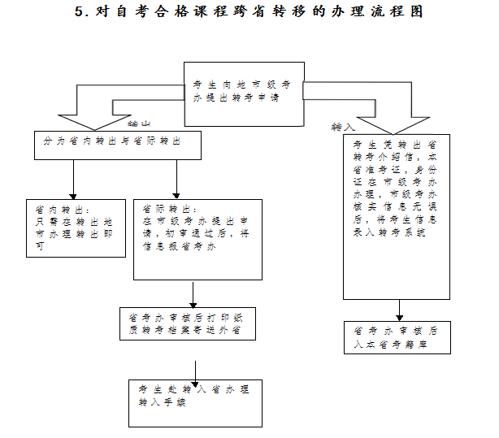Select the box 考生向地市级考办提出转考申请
[244, 93]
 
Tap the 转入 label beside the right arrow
[342, 128]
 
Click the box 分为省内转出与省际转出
[117, 145]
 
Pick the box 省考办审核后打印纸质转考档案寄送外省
[187, 323]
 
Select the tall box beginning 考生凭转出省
[397, 216]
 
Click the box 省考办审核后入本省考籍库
[397, 337]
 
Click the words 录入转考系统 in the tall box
[389, 233]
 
